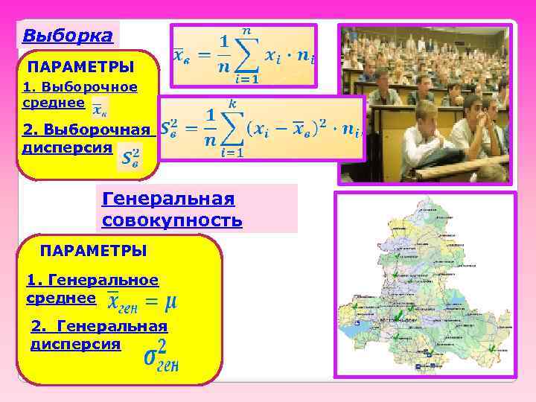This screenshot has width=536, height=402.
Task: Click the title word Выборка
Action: pos(68,35)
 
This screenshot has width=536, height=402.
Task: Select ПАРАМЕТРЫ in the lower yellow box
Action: pos(93,250)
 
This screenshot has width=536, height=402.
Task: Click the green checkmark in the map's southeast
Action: pos(492,348)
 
